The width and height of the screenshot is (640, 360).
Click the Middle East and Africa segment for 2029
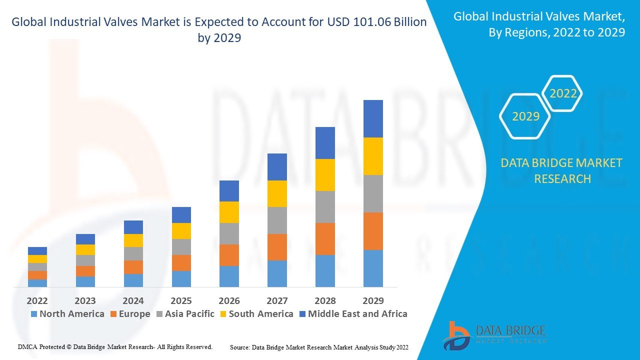click(x=373, y=118)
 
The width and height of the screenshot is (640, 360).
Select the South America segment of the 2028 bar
click(x=325, y=175)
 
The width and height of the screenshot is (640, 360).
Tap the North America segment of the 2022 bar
click(x=37, y=283)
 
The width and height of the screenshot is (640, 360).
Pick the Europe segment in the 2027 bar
click(x=277, y=247)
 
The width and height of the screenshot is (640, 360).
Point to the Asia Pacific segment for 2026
click(x=229, y=233)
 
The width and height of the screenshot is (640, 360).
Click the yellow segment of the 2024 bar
click(x=133, y=240)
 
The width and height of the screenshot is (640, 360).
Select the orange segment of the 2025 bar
click(x=181, y=263)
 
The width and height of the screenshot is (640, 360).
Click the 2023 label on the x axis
click(x=85, y=300)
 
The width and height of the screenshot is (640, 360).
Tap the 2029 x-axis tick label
click(x=373, y=300)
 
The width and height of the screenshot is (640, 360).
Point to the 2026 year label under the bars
click(x=229, y=300)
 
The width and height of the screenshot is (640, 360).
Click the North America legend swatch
click(x=34, y=314)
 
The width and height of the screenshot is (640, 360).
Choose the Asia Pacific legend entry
click(x=185, y=314)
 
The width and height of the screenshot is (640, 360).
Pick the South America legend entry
click(x=255, y=314)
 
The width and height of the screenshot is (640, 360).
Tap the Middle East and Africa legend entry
click(x=352, y=314)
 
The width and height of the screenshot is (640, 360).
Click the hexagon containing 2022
click(x=563, y=93)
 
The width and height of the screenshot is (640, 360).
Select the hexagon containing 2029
click(x=525, y=116)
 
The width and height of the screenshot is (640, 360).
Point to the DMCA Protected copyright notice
click(x=115, y=346)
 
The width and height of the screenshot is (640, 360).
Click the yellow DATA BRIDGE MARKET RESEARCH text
click(x=561, y=170)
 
